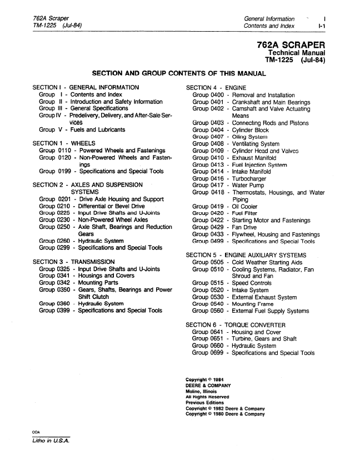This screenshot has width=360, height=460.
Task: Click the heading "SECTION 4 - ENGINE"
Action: pyautogui.click(x=216, y=88)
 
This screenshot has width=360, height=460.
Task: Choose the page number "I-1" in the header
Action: pyautogui.click(x=321, y=26)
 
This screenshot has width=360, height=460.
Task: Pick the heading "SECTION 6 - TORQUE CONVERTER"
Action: pyautogui.click(x=236, y=324)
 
